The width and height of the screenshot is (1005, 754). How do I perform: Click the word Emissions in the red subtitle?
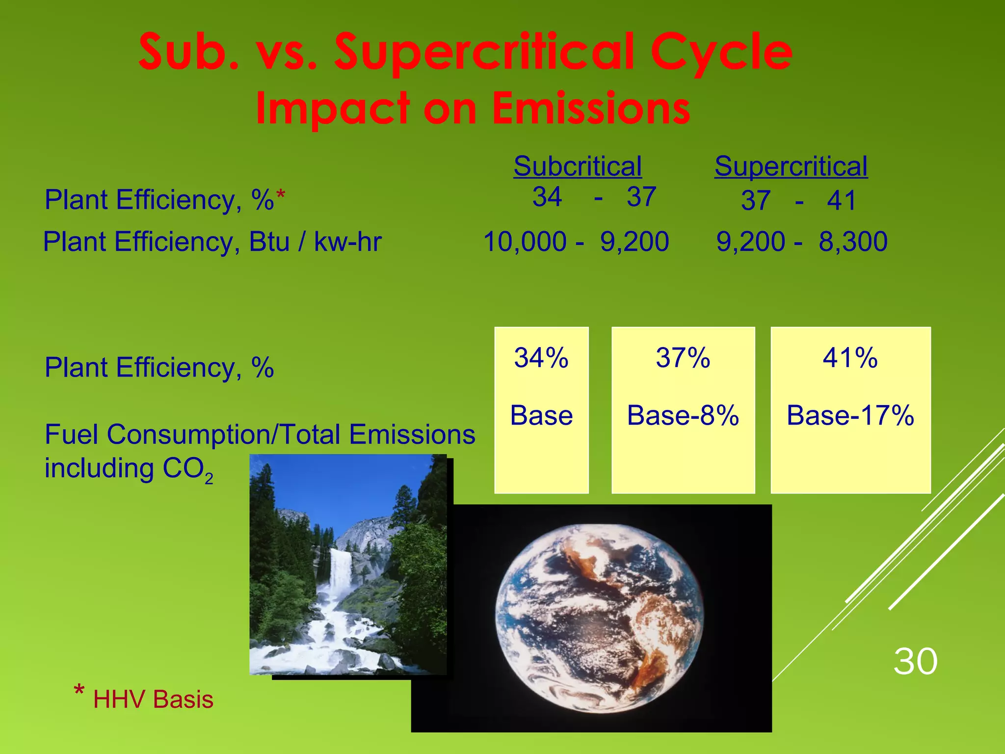[591, 108]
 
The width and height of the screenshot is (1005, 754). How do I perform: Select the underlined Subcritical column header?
[577, 166]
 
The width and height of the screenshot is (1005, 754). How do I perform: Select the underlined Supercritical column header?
[791, 166]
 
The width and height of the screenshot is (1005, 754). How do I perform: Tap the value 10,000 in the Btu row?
[525, 242]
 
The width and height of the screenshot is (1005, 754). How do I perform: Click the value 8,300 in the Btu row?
[853, 242]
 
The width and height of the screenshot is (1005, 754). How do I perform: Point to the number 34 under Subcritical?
[547, 197]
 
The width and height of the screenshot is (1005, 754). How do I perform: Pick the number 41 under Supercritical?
[841, 200]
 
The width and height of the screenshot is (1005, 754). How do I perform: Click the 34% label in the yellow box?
[541, 357]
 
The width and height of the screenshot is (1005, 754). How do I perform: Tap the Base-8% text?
[683, 415]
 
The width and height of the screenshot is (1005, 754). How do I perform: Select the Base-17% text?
[850, 415]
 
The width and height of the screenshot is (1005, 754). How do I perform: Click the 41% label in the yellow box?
[850, 357]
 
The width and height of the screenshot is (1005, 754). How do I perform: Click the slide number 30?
[915, 661]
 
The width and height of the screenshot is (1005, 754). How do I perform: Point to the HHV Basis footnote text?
[153, 699]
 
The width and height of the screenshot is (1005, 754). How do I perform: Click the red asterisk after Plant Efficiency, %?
[280, 196]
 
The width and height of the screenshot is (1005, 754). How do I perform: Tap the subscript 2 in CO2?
[209, 479]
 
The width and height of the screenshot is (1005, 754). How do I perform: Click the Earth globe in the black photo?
[600, 619]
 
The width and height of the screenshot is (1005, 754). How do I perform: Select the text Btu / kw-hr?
[315, 242]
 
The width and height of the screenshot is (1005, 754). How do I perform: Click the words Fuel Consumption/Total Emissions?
[260, 434]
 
